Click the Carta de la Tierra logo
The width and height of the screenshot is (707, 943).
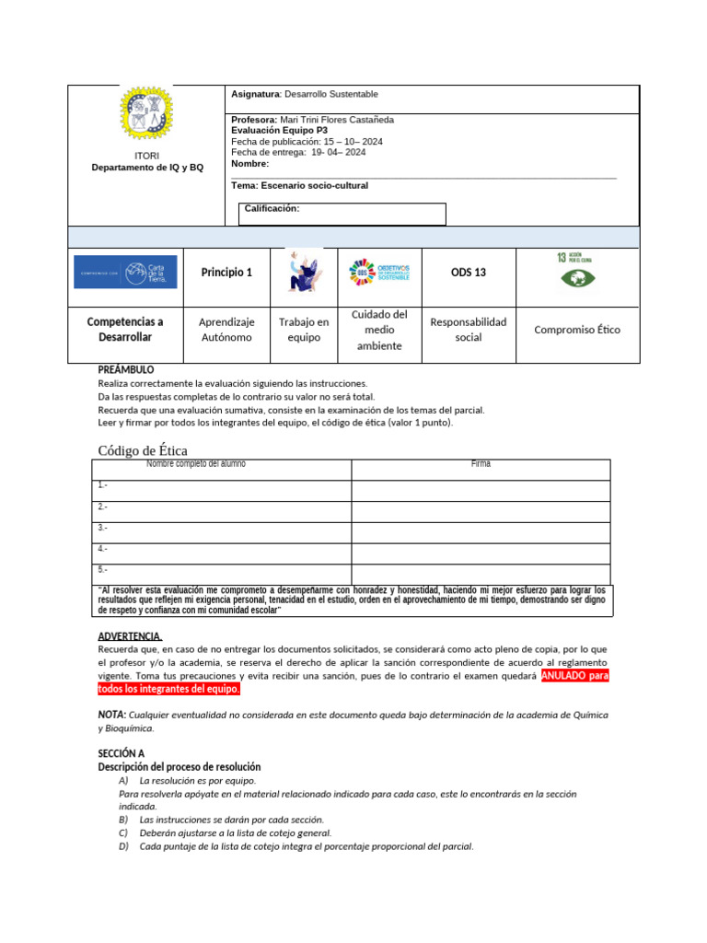pyautogui.click(x=125, y=272)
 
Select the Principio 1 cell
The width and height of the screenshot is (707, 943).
pyautogui.click(x=226, y=273)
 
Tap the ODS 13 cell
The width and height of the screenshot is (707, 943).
pyautogui.click(x=468, y=273)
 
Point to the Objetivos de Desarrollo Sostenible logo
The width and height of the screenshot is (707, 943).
pyautogui.click(x=379, y=273)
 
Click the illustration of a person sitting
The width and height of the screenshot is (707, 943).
pyautogui.click(x=304, y=273)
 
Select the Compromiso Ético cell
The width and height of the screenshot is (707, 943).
pyautogui.click(x=577, y=329)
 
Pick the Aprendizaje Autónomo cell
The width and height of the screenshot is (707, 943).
pyautogui.click(x=226, y=330)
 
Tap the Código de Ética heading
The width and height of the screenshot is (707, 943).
pyautogui.click(x=143, y=449)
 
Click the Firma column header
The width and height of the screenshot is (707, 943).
pyautogui.click(x=481, y=464)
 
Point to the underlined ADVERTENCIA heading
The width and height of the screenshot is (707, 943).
pyautogui.click(x=130, y=636)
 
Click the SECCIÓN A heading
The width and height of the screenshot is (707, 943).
pyautogui.click(x=122, y=753)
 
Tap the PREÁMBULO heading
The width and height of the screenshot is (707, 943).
pyautogui.click(x=126, y=369)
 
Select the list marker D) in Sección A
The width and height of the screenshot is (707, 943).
pyautogui.click(x=123, y=846)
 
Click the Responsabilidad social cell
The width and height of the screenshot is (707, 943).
pyautogui.click(x=468, y=330)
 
